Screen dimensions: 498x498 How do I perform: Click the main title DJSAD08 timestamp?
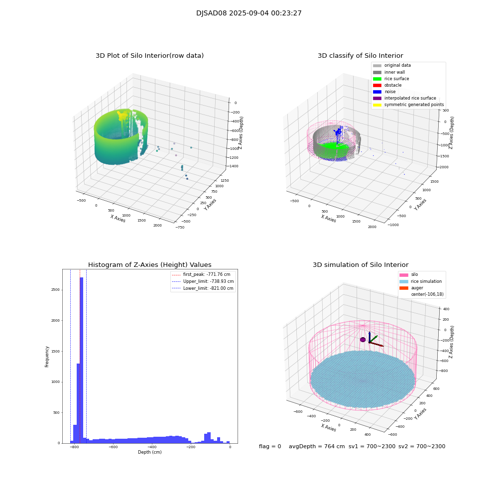[249, 13]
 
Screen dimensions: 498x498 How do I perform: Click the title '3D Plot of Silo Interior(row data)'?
[149, 56]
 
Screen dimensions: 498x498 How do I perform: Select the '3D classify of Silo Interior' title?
[360, 56]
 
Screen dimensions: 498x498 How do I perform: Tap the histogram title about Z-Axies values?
[149, 265]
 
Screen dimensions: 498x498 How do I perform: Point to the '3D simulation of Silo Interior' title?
[360, 265]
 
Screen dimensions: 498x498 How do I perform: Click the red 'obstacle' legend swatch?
[377, 85]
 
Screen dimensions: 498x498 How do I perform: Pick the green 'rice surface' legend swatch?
[377, 79]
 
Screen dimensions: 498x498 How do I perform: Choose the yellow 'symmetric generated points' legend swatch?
[377, 105]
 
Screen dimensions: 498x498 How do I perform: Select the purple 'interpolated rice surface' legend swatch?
[377, 98]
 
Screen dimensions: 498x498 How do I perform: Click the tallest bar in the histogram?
[81, 359]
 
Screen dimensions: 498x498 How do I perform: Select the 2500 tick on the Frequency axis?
[56, 290]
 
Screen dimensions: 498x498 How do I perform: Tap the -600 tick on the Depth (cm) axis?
[113, 447]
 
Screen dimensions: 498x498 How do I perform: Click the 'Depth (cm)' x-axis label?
[149, 452]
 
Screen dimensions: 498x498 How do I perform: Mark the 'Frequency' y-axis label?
[47, 357]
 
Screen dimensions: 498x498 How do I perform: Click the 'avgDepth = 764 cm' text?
[317, 447]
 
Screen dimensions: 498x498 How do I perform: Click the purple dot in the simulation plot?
[363, 340]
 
